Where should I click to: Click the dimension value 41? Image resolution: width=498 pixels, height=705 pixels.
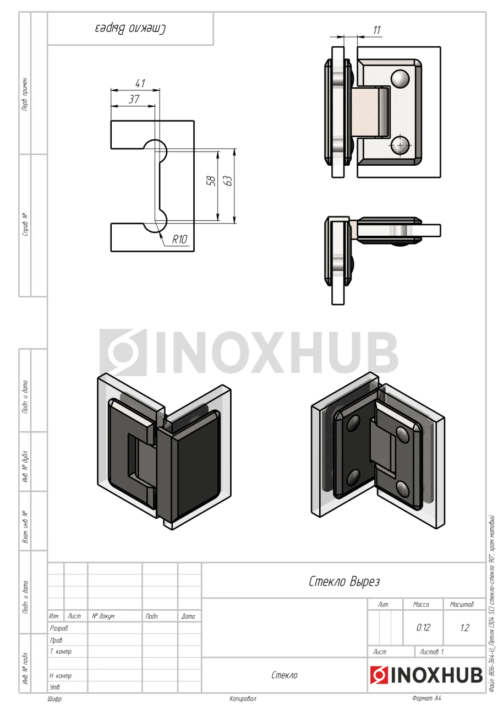140,83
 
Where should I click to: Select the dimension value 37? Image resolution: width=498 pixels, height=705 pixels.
134,99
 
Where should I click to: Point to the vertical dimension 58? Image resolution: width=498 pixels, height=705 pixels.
212,181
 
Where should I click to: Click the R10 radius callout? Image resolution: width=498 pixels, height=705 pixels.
179,240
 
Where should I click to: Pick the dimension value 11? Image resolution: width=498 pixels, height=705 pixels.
376,30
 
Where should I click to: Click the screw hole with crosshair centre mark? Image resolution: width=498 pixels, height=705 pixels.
400,145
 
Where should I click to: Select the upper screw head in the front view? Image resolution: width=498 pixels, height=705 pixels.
400,78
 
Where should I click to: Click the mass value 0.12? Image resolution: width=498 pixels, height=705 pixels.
423,627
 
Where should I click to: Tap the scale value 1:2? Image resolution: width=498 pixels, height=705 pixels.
464,627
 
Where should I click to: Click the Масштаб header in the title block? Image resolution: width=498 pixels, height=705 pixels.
462,604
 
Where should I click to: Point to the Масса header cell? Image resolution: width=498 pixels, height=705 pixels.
421,604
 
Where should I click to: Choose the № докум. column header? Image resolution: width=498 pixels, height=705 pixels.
103,616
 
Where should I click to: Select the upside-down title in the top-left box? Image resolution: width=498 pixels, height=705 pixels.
130,29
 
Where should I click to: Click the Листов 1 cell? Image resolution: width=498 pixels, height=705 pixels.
431,652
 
